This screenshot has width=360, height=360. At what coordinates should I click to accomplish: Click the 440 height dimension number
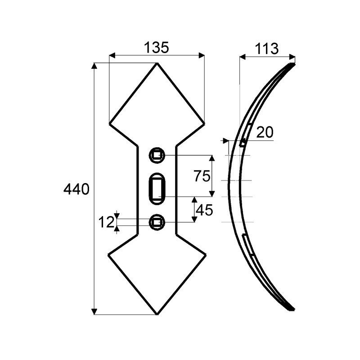point(76,189)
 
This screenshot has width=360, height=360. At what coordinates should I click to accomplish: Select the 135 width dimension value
point(156,48)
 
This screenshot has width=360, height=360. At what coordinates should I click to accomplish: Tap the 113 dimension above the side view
point(266,49)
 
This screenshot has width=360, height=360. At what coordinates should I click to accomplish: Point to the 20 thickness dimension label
point(265,132)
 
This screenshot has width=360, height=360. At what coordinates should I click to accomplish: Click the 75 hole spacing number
point(202,176)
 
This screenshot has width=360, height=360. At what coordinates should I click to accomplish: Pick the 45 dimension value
point(204,210)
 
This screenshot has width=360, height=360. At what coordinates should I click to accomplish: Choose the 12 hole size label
point(106,222)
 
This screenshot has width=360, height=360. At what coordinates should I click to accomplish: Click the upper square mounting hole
point(157,156)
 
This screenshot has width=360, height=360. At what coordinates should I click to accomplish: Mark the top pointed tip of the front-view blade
point(157,63)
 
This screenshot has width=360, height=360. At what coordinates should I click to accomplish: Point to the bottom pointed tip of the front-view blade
point(157,314)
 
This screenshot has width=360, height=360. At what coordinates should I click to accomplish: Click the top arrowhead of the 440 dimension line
point(94,66)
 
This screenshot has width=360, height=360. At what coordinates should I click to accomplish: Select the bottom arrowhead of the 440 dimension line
point(94,312)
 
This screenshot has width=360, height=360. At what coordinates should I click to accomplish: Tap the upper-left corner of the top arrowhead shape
point(110,122)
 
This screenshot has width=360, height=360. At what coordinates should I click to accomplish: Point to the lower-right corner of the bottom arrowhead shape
point(206,254)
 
